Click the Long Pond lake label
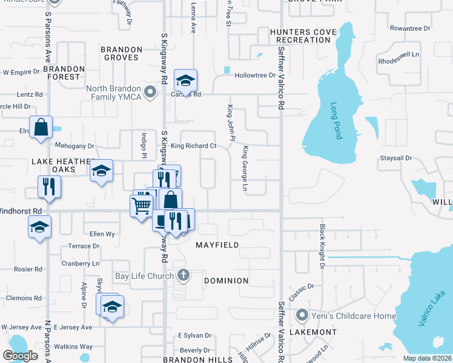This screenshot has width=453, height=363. coord(337,120)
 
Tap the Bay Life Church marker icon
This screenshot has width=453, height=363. coord(184,276)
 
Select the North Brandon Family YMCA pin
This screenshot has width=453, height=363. coord(151,92)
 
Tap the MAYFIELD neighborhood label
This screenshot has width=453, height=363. coord(217,245)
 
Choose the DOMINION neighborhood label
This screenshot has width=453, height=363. coord(226,281)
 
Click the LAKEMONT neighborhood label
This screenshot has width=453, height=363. coord(313,332)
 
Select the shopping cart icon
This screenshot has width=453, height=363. coord(142,205)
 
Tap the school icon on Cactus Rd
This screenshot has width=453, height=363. coord(186,80)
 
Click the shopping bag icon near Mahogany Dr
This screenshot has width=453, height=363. coord(41,128)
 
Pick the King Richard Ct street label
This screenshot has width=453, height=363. coord(193,146)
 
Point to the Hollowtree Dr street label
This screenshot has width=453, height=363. coord(255,76)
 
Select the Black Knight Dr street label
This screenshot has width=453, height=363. coord(322,247)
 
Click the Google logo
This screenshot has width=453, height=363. coord(20,355)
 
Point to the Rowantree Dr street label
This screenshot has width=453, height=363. coord(409,28)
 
